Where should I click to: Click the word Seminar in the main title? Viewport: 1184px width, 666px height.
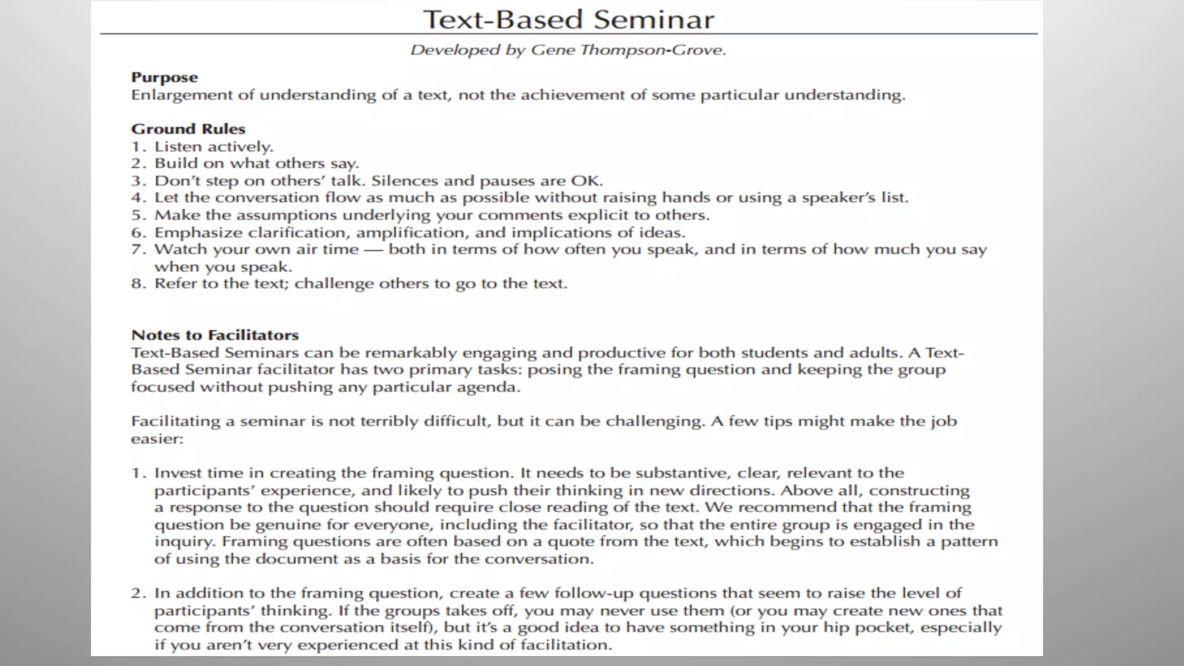click(x=653, y=20)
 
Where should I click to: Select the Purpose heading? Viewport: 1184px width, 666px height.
click(x=164, y=77)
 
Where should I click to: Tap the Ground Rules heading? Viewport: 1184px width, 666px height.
click(x=188, y=129)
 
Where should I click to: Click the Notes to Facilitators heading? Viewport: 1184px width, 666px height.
click(x=215, y=335)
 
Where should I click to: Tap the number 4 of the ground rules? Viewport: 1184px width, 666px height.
click(x=136, y=198)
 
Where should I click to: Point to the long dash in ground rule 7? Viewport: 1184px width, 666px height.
click(x=373, y=250)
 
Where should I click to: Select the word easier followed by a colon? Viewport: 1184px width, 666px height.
click(x=154, y=439)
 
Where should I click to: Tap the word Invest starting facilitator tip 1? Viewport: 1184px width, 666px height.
click(x=178, y=473)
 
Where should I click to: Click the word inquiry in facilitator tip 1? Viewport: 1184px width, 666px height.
click(x=184, y=542)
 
